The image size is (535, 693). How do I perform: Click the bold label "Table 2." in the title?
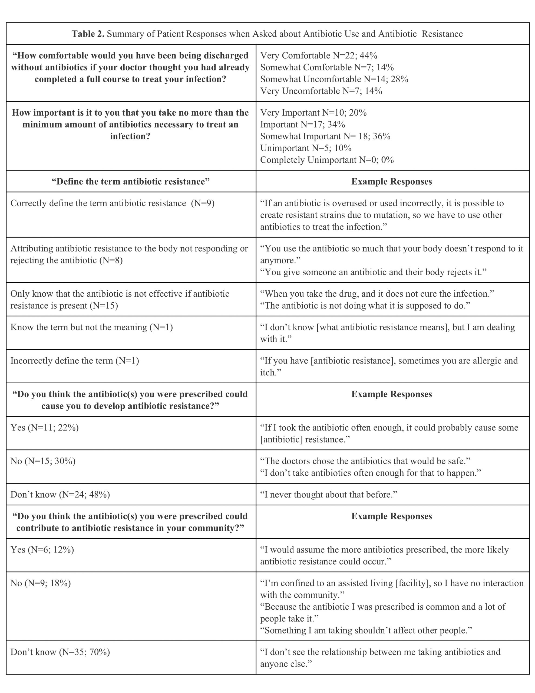pos(88,34)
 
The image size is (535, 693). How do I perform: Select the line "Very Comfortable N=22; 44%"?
pos(318,55)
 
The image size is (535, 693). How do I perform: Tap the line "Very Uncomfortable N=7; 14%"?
pos(321,91)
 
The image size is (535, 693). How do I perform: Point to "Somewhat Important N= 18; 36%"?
pos(325,136)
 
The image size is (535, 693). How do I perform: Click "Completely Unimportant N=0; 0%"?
pos(327,160)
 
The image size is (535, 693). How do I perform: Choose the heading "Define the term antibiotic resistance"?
pos(131,181)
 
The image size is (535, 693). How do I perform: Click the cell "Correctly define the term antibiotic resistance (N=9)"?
pos(112,203)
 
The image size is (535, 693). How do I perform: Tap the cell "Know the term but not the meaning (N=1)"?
pos(91,327)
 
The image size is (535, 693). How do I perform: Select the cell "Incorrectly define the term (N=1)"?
pos(75,361)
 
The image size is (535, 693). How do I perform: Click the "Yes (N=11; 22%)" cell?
pos(44,428)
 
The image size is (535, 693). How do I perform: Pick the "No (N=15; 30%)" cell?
pos(43,461)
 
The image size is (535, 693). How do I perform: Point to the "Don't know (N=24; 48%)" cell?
pos(60,495)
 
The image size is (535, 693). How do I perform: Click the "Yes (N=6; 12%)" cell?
pos(42,550)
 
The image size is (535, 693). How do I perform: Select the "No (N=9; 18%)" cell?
pos(41,583)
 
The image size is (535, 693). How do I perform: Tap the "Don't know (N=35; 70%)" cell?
pos(60,652)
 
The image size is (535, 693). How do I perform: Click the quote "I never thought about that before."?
pos(329,495)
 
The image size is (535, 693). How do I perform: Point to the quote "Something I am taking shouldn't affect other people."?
pos(366,630)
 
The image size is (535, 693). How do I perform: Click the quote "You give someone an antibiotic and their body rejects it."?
pos(373,272)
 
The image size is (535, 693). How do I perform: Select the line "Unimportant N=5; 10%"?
pos(306,148)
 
